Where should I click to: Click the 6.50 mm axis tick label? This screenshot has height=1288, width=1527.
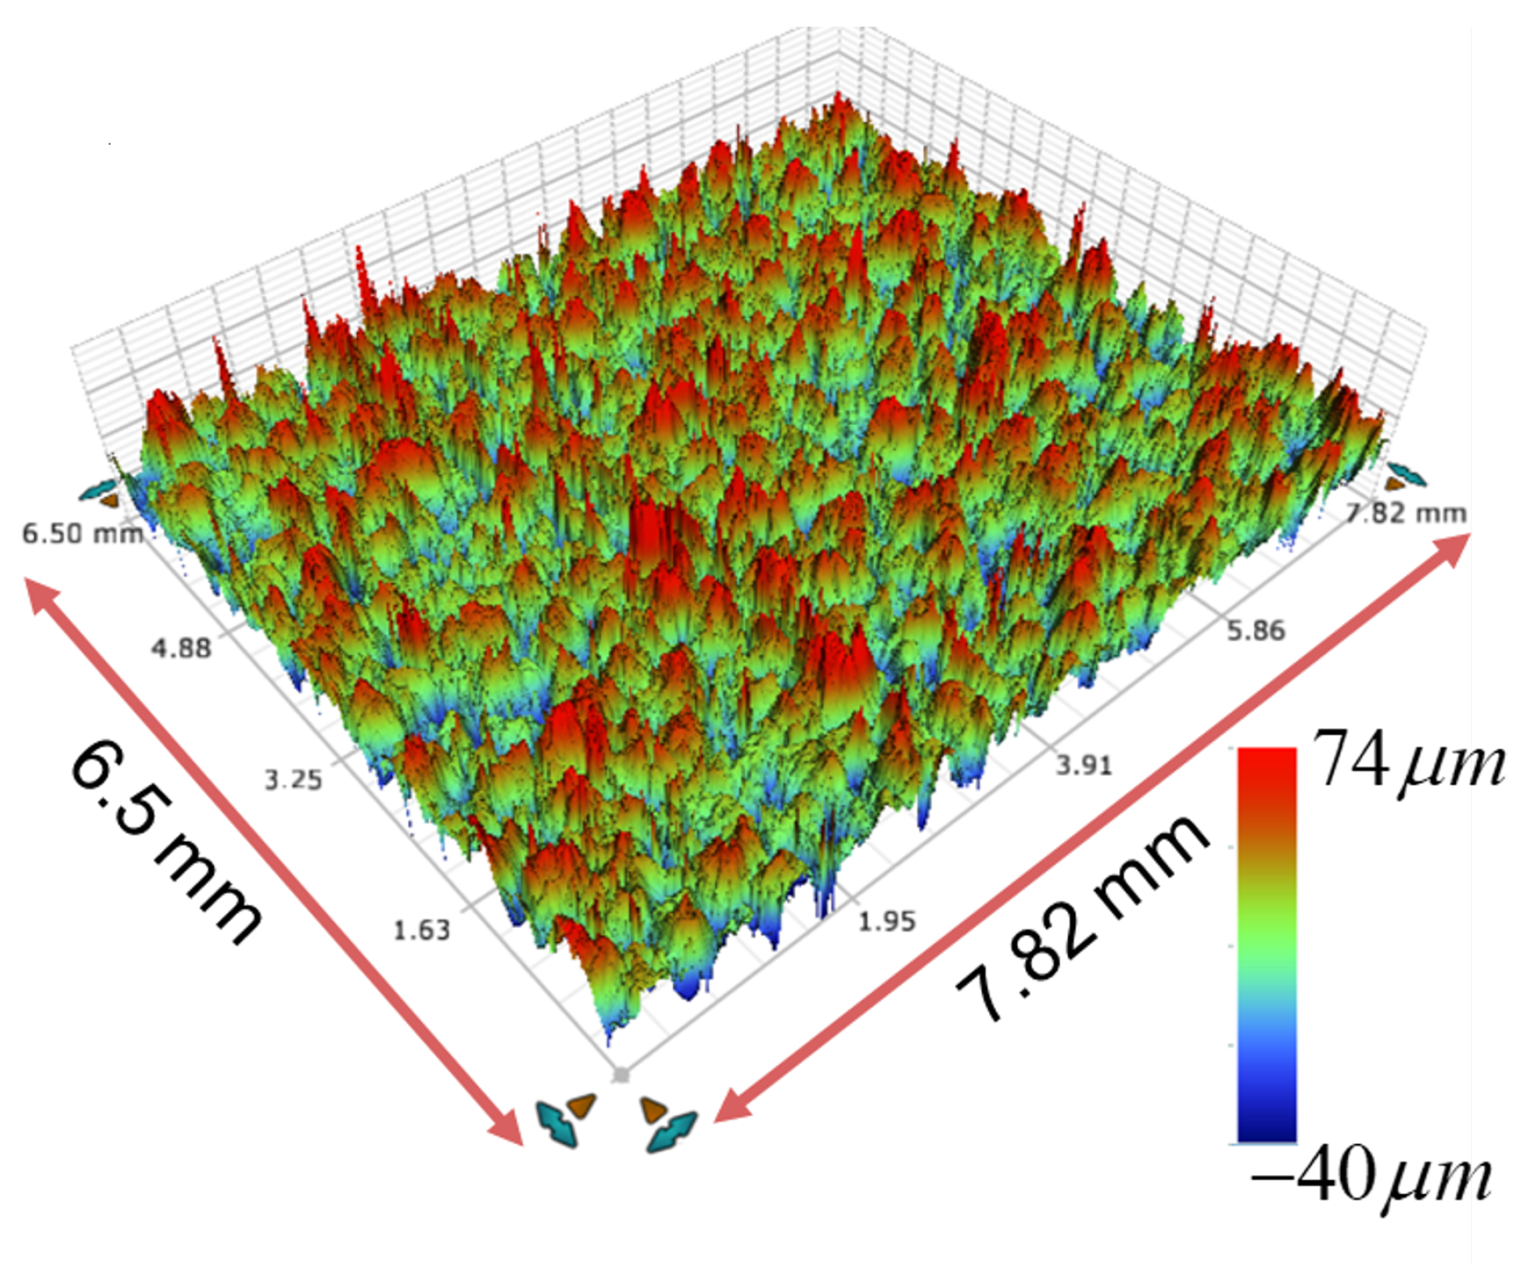(x=82, y=534)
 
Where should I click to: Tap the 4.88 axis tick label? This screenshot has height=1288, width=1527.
(x=181, y=648)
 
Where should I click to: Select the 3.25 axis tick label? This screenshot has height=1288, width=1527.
(x=293, y=780)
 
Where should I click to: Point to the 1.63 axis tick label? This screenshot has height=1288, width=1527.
(x=421, y=930)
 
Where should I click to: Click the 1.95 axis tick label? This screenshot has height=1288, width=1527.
(x=886, y=921)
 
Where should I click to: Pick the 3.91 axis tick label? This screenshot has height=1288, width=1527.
(x=1083, y=764)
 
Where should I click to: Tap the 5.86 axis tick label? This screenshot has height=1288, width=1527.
(x=1256, y=631)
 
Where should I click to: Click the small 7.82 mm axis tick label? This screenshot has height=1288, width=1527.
(x=1406, y=513)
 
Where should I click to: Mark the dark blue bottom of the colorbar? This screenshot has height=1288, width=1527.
(x=1266, y=1127)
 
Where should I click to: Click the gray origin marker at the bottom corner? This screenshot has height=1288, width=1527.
(x=620, y=1075)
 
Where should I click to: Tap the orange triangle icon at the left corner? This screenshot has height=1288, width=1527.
(x=110, y=501)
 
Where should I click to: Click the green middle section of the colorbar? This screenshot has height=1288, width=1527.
(x=1266, y=945)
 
